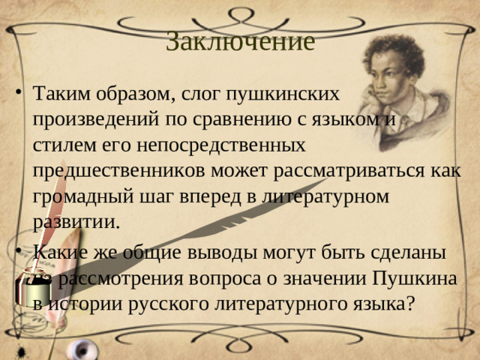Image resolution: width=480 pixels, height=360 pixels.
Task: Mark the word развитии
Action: point(76,223)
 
